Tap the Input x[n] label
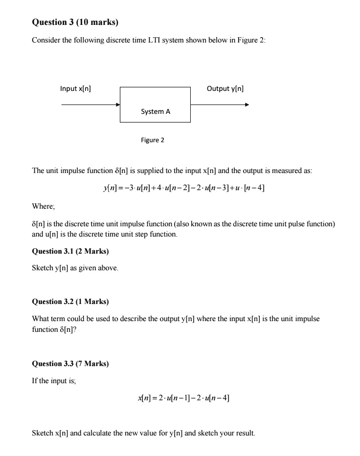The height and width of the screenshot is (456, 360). coord(75,88)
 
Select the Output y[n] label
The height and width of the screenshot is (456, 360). coord(225,88)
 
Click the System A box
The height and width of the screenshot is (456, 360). coord(156,105)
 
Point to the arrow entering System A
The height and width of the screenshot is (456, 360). coord(90,105)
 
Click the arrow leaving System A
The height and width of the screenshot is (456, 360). coord(220,105)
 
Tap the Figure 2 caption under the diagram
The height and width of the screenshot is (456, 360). coord(153,140)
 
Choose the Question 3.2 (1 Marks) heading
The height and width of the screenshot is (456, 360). coord(70,301)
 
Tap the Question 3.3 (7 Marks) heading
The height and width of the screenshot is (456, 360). coord(70,364)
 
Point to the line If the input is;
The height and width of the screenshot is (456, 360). coord(54,381)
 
